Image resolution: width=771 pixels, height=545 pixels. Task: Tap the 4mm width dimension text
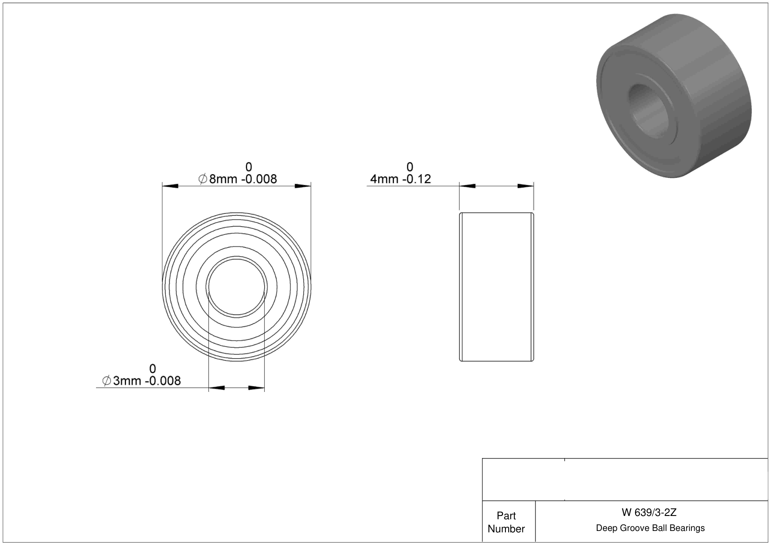(400, 179)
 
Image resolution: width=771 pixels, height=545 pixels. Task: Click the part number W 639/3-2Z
(649, 512)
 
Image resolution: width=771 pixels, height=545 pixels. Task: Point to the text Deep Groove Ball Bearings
(650, 528)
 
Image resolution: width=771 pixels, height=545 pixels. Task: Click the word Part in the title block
(506, 516)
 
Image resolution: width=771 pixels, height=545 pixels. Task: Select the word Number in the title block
(506, 529)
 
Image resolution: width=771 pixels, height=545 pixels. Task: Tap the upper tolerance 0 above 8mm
(249, 167)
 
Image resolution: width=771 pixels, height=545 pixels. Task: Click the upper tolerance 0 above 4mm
(409, 167)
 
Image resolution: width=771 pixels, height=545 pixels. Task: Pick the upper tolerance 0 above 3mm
(153, 368)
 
